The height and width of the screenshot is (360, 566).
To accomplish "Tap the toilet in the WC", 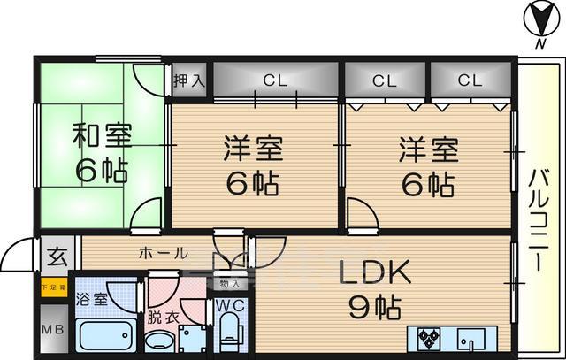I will tap(228, 334).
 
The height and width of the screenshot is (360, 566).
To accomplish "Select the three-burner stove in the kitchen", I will tap(431, 336).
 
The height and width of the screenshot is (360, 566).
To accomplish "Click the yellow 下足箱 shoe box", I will tap(52, 286).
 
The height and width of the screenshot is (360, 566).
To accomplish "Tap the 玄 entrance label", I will tap(56, 258).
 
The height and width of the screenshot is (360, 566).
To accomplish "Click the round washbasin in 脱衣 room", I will tap(160, 341).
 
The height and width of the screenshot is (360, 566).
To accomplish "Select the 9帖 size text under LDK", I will tap(375, 309).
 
